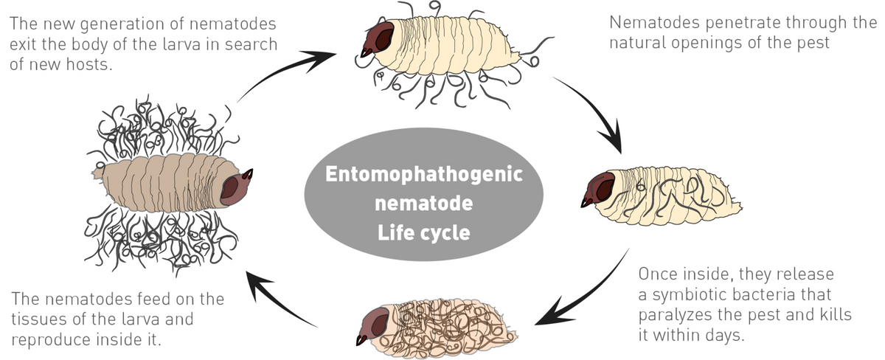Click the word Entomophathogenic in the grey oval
[x=424, y=176]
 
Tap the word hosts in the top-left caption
[x=90, y=64]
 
